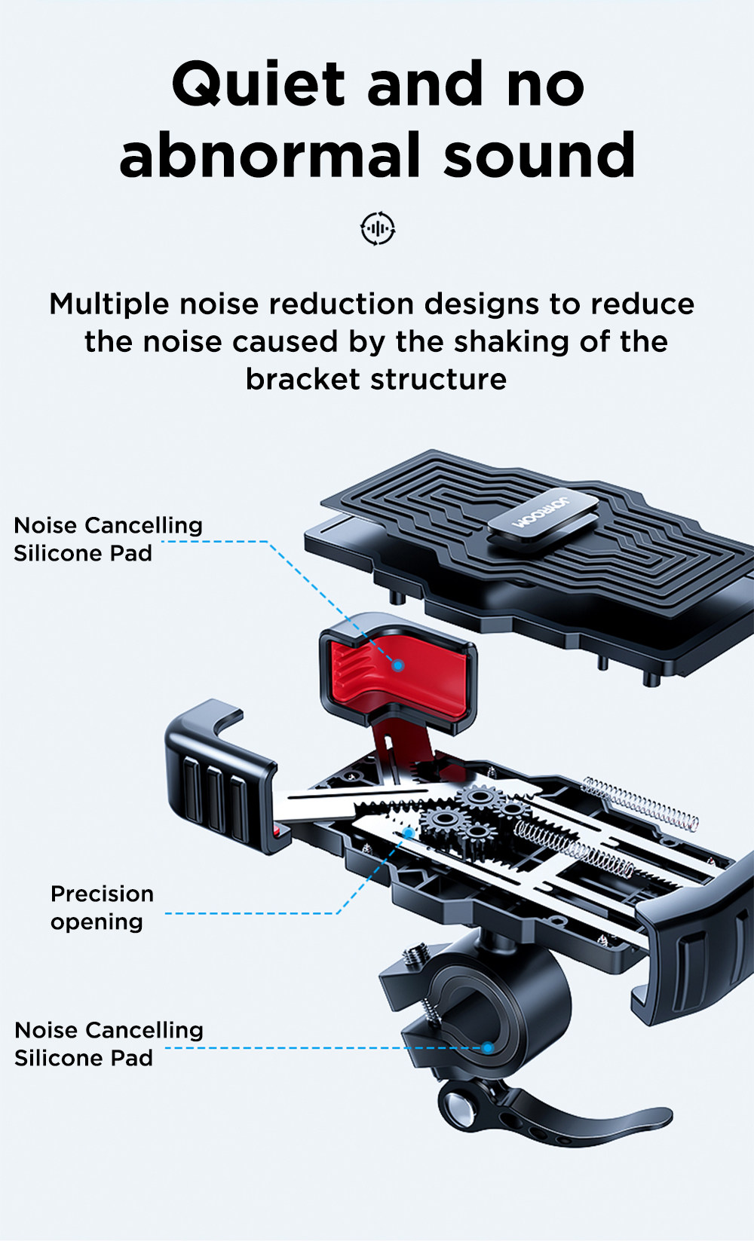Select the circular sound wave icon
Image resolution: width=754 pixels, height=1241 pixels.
(378, 228)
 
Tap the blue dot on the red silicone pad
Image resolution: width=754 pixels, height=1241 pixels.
(398, 665)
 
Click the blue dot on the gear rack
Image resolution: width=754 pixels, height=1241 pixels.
(408, 833)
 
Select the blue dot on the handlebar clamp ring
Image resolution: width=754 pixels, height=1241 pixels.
(488, 1047)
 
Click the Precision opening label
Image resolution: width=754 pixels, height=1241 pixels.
(102, 907)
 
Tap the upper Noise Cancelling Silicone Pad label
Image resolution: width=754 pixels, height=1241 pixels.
(108, 539)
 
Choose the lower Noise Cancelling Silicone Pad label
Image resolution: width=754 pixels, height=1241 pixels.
(109, 1044)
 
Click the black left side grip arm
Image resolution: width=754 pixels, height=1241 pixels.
(215, 784)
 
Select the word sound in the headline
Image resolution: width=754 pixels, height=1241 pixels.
(539, 156)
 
